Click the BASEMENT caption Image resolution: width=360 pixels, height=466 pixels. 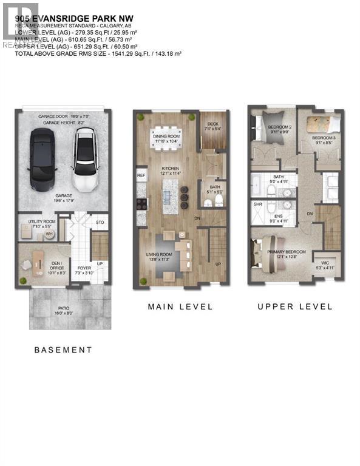coord(63,350)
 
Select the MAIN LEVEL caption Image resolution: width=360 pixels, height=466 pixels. coord(180,307)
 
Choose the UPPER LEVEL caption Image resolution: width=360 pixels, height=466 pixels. coord(295,307)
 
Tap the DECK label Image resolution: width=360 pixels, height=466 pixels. coord(212,125)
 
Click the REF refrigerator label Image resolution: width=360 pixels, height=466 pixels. coord(141,175)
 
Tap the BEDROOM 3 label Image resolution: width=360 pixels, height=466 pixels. coord(323,138)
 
